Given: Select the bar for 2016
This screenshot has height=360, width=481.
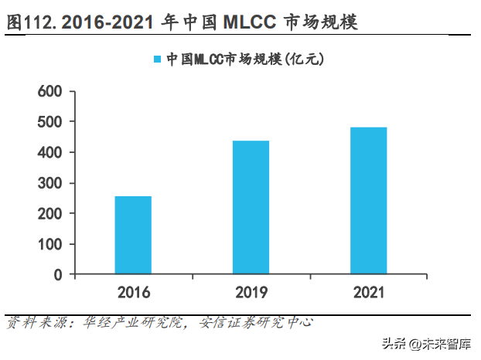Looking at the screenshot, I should tap(133, 235).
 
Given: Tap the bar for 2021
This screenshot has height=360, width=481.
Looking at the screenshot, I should tap(368, 200).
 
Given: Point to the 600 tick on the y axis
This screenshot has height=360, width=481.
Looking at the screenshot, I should tap(50, 92).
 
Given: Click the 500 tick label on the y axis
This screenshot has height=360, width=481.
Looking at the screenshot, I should tap(50, 123).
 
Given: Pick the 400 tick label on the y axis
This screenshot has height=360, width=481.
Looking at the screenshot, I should tap(50, 153).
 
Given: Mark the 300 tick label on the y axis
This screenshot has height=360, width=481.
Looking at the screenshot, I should tap(50, 183).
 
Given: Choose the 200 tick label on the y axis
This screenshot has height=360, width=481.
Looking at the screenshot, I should tap(50, 214).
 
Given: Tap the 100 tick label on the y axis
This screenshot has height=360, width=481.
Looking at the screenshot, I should tap(50, 244).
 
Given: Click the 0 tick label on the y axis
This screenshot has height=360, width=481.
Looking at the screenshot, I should tap(58, 274).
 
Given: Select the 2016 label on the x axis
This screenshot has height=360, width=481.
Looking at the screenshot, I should tap(133, 293).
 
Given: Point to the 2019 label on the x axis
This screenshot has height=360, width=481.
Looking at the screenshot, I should tap(251, 293).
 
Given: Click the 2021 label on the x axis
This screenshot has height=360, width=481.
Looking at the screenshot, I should tap(368, 293).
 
